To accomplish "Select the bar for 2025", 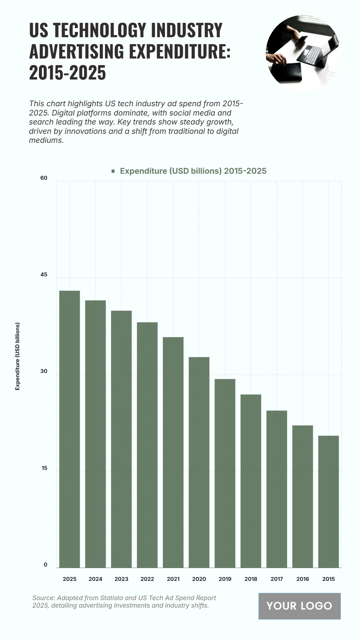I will click(70, 429).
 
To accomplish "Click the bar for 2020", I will click(199, 462).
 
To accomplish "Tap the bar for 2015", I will click(328, 501).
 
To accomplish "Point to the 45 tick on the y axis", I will click(44, 275).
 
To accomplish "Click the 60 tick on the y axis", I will click(44, 178).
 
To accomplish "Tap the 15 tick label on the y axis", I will click(44, 468).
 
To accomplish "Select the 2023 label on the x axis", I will click(121, 579).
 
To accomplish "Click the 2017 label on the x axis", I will click(277, 579).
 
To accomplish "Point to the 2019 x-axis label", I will click(225, 579).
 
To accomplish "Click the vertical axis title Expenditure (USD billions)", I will click(17, 356).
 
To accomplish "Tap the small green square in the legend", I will click(113, 171).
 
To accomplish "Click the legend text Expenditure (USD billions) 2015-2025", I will click(193, 171).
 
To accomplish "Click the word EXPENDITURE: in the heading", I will click(180, 51).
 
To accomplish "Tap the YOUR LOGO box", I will click(299, 606).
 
